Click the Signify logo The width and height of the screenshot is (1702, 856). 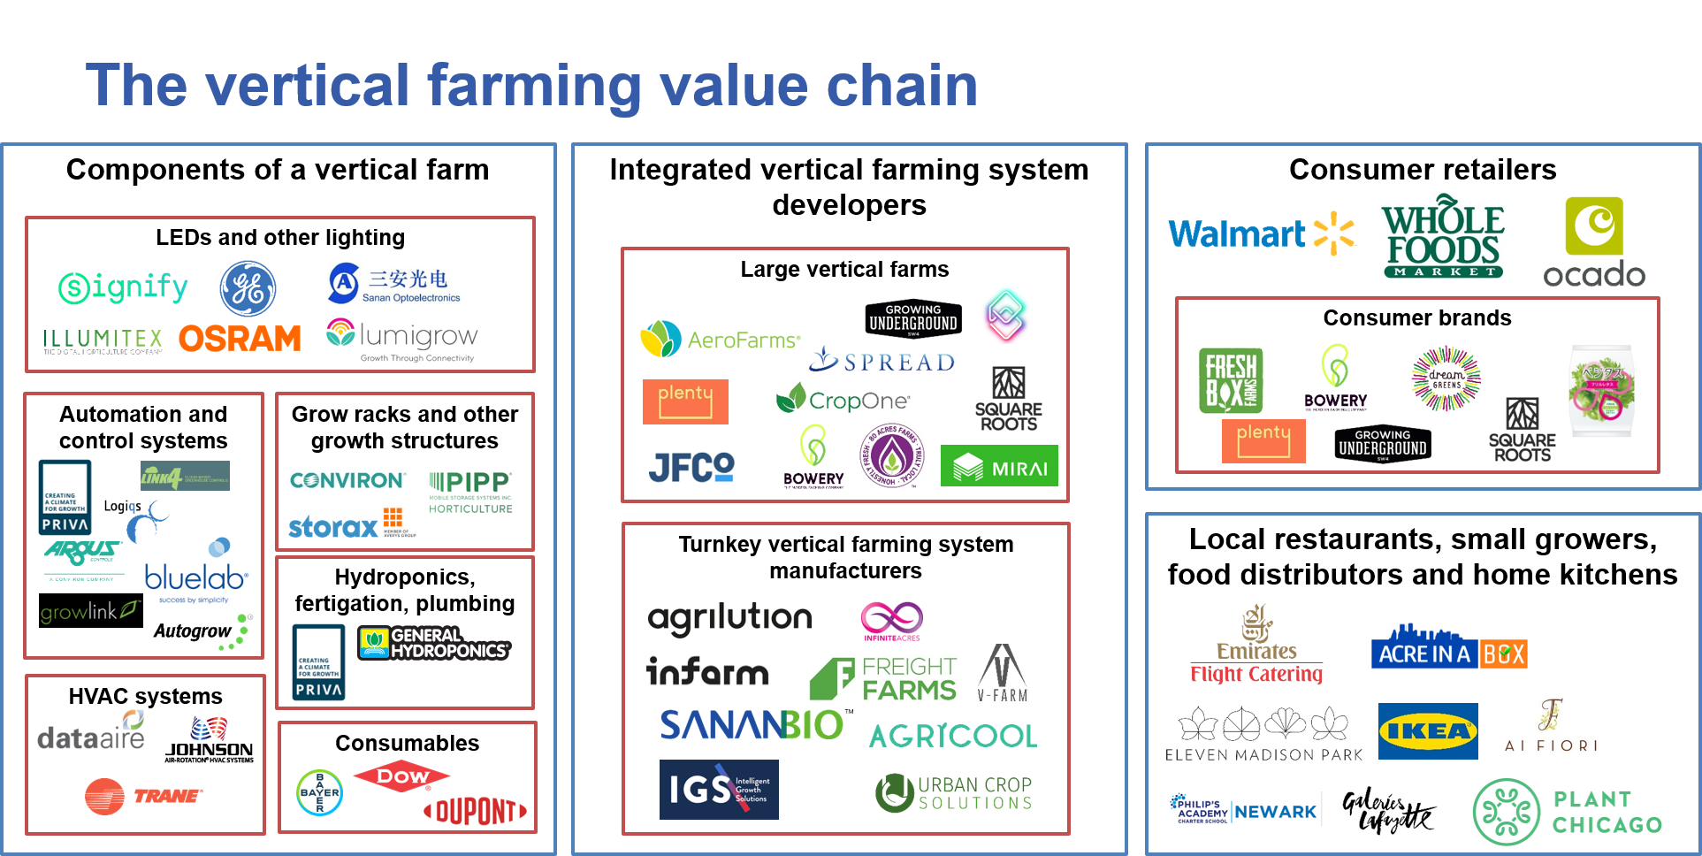[123, 287]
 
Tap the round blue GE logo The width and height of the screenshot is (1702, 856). [248, 288]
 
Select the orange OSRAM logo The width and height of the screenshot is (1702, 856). [240, 339]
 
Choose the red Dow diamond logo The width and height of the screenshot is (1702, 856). [401, 776]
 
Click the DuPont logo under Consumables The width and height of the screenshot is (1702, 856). [476, 811]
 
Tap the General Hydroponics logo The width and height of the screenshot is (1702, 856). [434, 643]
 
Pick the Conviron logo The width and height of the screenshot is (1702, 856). [347, 480]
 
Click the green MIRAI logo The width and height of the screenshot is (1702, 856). [998, 466]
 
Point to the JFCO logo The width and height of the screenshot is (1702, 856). [691, 467]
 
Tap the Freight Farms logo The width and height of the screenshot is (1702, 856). [883, 678]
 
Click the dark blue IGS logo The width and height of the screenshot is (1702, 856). [718, 789]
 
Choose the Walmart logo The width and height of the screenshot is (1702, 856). [1261, 233]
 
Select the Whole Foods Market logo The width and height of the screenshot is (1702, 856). [1443, 239]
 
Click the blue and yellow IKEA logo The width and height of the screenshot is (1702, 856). [1427, 731]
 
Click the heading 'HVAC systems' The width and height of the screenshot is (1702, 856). [146, 696]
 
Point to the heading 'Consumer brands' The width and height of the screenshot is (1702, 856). [1416, 317]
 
